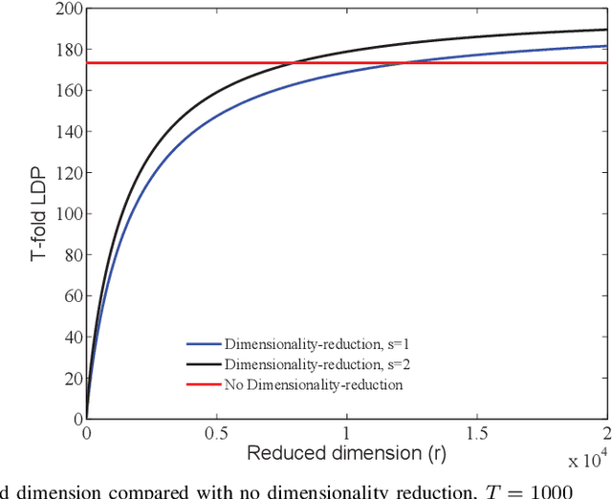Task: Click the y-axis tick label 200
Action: tap(65, 10)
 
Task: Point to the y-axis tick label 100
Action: tap(65, 214)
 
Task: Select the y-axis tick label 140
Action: tap(65, 133)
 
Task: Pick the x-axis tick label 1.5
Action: tap(477, 432)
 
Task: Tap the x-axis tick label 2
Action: tap(606, 432)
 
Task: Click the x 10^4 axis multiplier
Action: tap(585, 461)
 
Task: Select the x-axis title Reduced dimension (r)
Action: tap(346, 452)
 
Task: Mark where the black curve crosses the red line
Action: tap(292, 63)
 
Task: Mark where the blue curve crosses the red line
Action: tap(406, 63)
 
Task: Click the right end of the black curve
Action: tap(606, 30)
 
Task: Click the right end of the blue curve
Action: tap(606, 46)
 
